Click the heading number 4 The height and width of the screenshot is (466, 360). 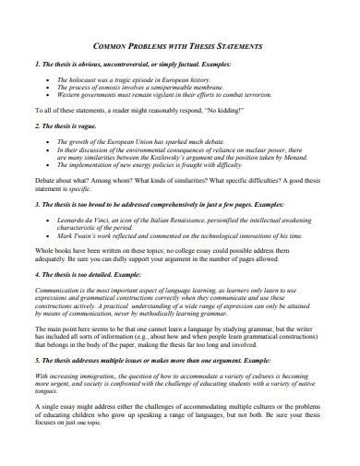tap(35, 274)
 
